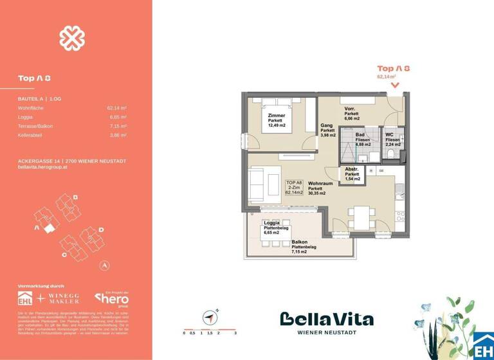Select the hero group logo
112,299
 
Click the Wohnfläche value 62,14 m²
116,109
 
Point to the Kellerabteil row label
31,136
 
